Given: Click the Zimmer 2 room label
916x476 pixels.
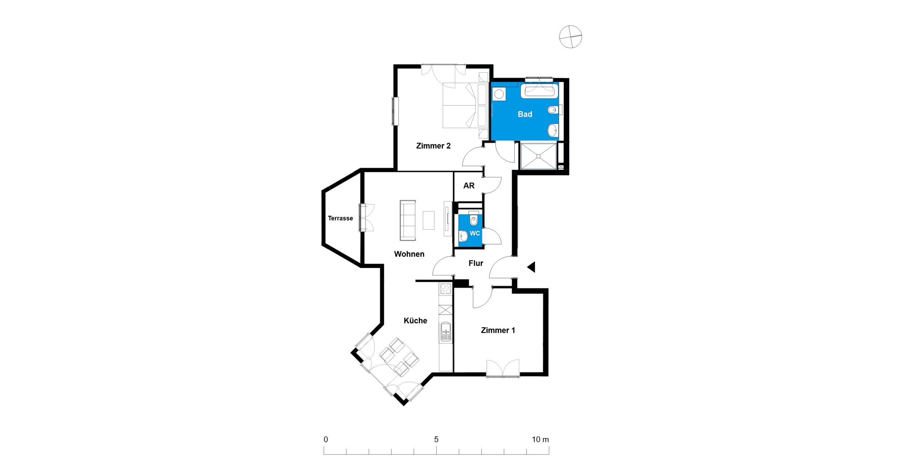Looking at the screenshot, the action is coord(433,146).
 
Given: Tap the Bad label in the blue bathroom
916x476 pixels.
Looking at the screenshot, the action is coord(525,114).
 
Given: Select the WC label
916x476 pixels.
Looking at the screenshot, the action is coord(474,233).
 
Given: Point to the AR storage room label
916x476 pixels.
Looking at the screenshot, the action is coord(469,186).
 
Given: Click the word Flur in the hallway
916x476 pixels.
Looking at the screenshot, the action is coord(476,263).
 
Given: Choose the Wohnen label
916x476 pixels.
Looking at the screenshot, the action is coord(409,254).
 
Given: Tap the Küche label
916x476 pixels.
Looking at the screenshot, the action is coord(415,320).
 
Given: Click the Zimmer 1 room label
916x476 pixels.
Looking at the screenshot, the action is coord(498,330).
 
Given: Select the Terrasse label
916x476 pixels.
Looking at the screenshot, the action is coord(340,218).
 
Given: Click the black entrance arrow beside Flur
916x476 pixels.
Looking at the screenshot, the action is coord(531,267).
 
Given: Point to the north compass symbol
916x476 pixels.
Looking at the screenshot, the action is coord(570,36).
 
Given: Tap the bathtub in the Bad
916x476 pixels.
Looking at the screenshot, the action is coord(539,91).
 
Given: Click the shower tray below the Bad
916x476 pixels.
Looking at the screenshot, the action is coord(538,156).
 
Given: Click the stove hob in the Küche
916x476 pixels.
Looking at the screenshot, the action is coord(445,289).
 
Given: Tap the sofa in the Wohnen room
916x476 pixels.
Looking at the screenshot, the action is coord(408,220).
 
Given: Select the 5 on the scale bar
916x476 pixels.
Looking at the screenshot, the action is coord(436,439).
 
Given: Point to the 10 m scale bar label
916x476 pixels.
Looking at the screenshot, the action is coord(540,439).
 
